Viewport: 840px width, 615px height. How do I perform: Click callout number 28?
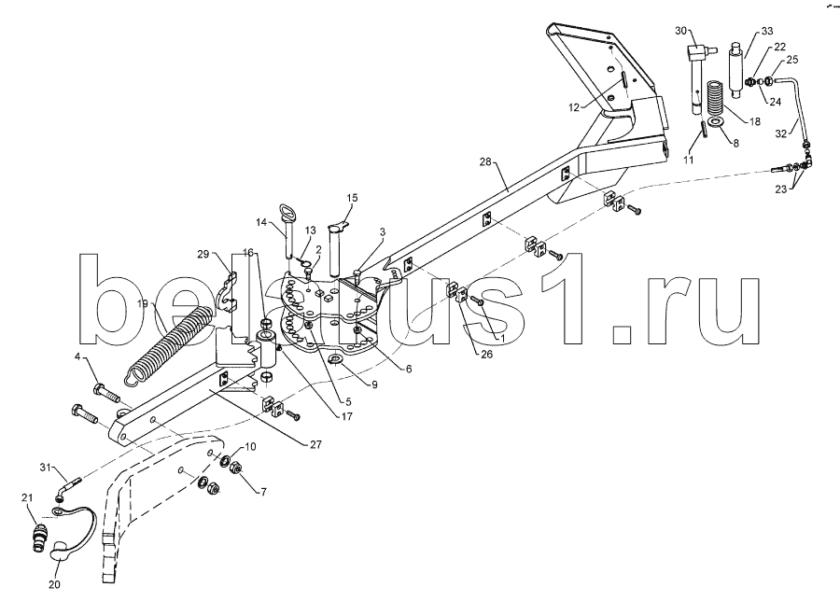485,161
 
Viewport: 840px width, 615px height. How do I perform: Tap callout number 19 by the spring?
142,304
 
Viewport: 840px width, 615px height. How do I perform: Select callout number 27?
316,444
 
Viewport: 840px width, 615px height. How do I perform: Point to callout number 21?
27,497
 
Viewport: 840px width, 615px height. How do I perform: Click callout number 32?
781,133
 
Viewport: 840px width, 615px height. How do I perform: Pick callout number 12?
574,107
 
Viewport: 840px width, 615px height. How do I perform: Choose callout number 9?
374,384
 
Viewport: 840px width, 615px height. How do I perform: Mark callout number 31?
46,468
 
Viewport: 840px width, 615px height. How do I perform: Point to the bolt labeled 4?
107,396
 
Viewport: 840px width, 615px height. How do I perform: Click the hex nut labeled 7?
234,468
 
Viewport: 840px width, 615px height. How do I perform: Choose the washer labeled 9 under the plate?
336,357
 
